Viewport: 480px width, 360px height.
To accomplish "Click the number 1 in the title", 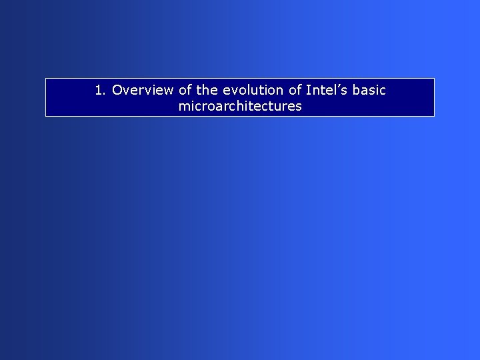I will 99,90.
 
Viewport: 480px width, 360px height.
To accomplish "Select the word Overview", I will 143,90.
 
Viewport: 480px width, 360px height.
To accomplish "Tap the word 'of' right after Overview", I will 185,90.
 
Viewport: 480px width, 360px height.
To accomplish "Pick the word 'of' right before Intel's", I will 294,90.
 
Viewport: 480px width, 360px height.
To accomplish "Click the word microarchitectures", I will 240,106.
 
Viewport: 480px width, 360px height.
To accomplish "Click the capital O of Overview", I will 118,90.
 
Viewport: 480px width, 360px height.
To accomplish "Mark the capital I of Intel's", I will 308,90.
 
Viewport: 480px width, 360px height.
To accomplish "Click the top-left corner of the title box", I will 46,79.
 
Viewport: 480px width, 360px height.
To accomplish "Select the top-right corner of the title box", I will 434,79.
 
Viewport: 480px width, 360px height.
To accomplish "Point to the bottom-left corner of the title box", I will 46,116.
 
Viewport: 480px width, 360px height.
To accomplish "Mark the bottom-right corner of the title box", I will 434,116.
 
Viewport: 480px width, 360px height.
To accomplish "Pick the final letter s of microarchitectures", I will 299,107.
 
